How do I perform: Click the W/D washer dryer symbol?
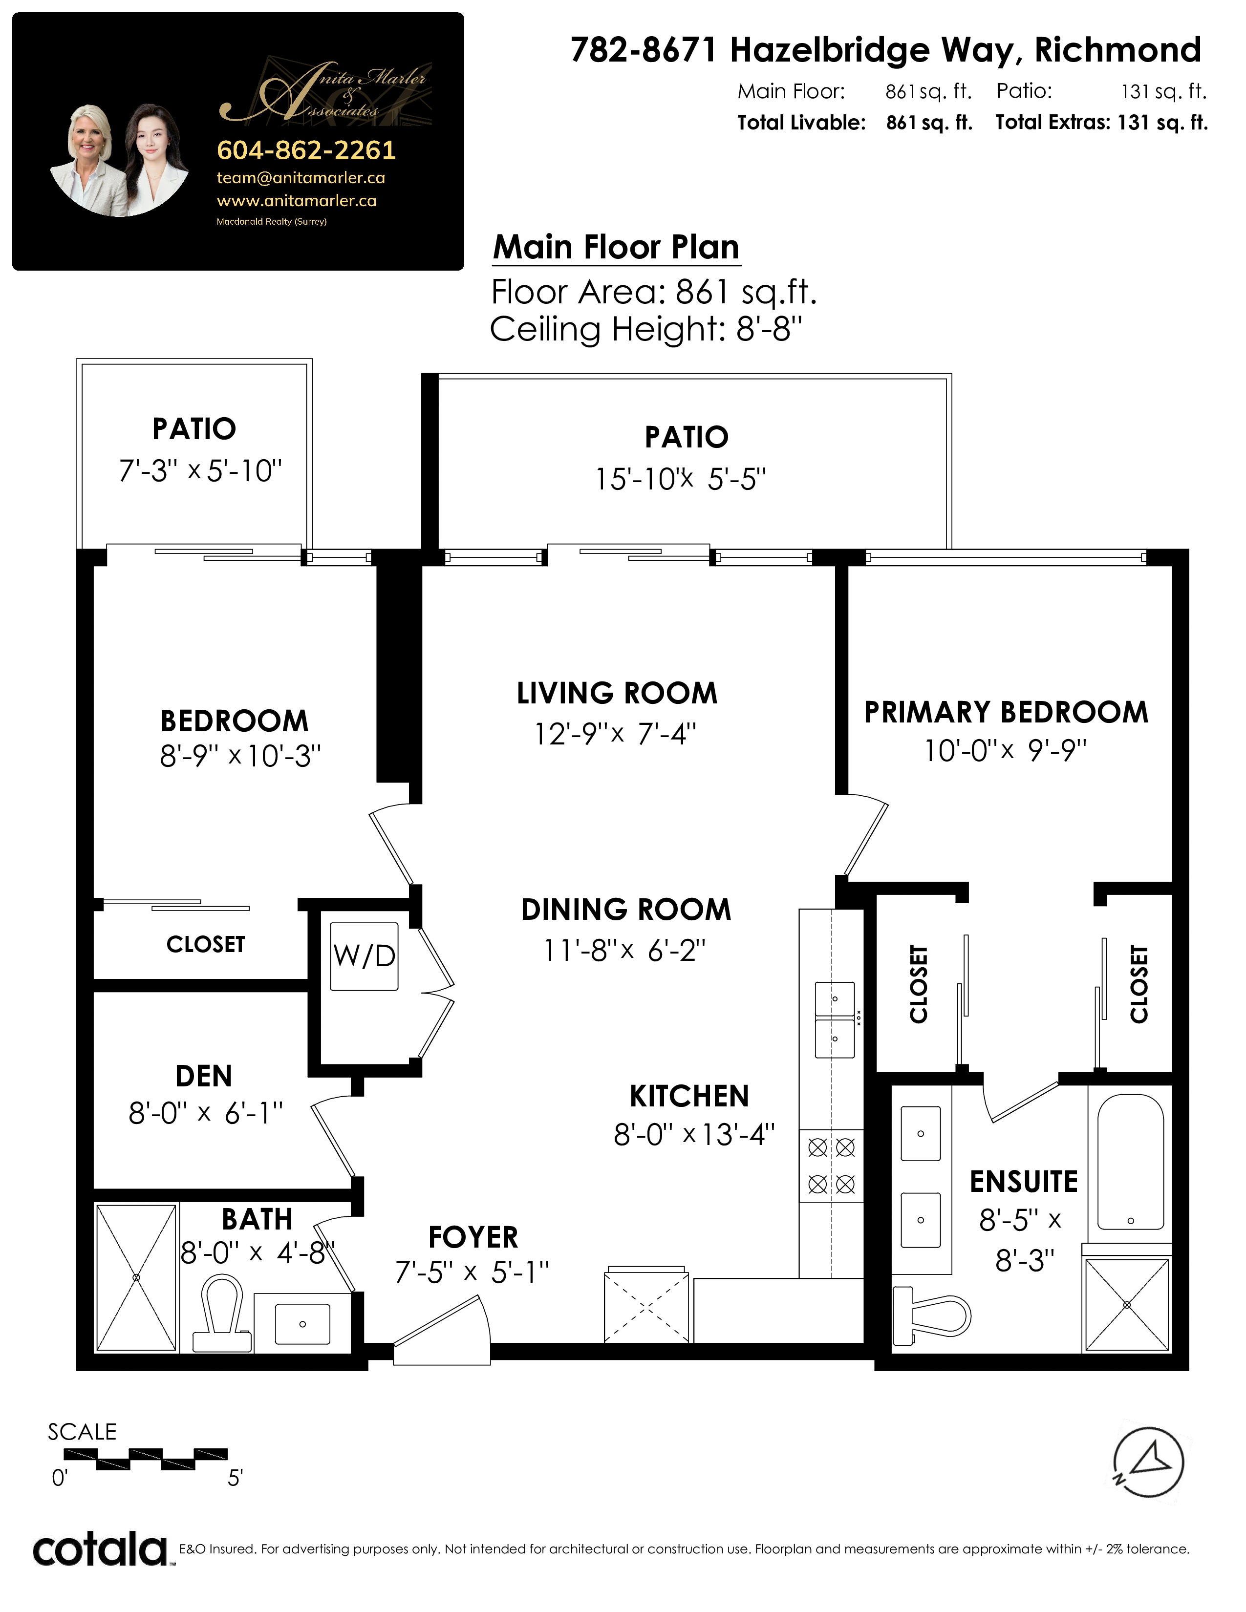(x=364, y=956)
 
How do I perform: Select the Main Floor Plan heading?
(x=616, y=247)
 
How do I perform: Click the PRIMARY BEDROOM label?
(x=1006, y=712)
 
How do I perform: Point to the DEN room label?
(x=204, y=1076)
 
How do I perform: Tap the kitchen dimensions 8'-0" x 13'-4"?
(x=694, y=1134)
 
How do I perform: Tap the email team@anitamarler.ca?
(x=301, y=178)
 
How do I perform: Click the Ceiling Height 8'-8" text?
(x=646, y=329)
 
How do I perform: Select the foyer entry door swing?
(x=441, y=1329)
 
